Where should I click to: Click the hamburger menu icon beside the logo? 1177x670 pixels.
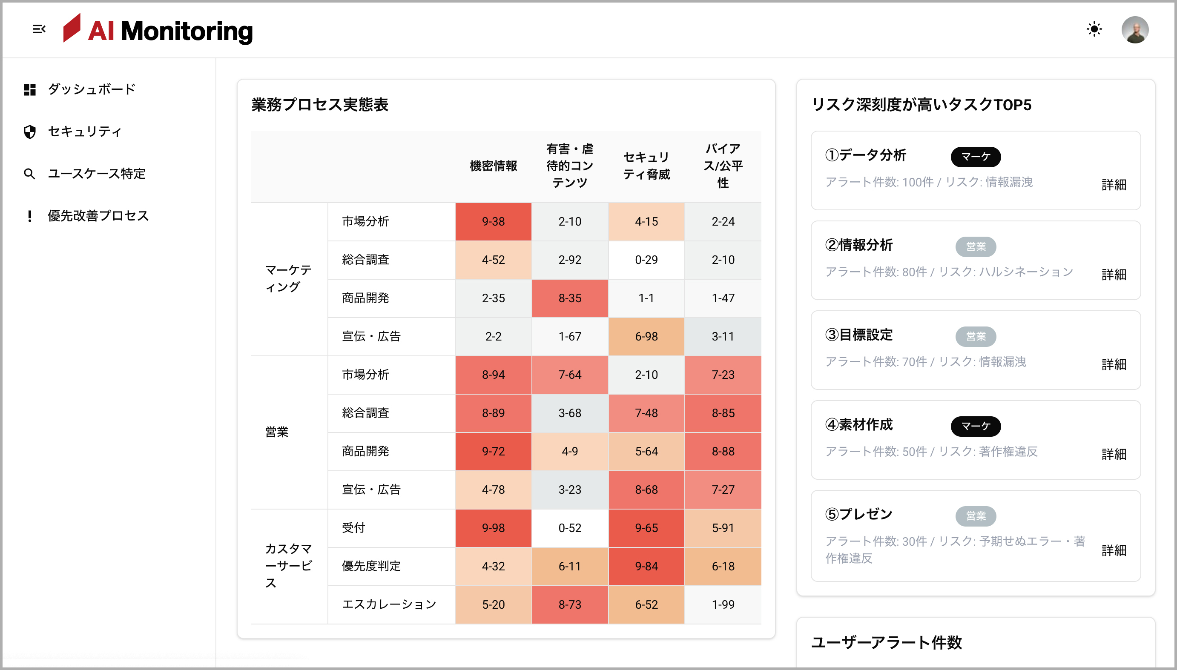tap(39, 29)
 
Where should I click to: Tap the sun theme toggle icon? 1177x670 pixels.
tap(1094, 29)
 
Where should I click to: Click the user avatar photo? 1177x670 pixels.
tap(1135, 30)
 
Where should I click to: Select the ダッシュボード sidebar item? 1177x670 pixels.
tap(91, 89)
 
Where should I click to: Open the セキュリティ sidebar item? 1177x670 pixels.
tap(85, 132)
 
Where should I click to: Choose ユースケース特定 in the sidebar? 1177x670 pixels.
tap(96, 174)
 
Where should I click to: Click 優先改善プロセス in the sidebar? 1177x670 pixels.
tap(98, 216)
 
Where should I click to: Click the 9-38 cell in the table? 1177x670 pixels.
tap(493, 222)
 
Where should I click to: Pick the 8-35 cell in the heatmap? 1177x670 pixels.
tap(569, 298)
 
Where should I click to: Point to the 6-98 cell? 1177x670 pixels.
tap(646, 336)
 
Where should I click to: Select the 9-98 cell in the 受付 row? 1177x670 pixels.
tap(493, 528)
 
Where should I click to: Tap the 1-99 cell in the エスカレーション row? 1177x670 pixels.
tap(723, 604)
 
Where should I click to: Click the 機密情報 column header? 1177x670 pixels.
tap(493, 166)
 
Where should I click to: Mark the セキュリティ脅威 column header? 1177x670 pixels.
tap(646, 166)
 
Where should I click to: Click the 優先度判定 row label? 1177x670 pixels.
tap(371, 567)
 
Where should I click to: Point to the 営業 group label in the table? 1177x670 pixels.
tap(277, 432)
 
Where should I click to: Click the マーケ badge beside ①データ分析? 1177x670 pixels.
tap(976, 157)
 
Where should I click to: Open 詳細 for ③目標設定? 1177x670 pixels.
tap(1114, 364)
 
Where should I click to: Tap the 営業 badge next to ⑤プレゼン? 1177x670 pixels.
tap(976, 516)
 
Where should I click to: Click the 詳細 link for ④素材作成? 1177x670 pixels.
tap(1114, 454)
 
